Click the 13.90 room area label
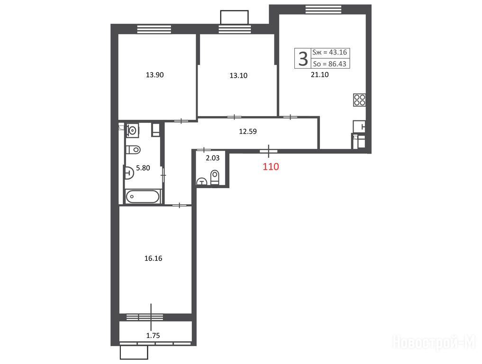155,75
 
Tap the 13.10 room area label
238,75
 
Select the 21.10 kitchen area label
320,74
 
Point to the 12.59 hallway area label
248,131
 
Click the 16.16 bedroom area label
153,258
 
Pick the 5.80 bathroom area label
143,168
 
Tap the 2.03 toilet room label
212,158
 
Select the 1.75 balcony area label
153,336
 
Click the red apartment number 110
271,167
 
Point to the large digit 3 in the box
303,58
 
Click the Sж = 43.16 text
329,52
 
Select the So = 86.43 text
329,64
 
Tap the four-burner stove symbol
359,100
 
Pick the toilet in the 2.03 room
215,177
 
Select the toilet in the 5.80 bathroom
133,150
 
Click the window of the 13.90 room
154,29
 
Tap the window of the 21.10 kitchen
323,9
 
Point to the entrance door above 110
269,151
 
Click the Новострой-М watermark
434,342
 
